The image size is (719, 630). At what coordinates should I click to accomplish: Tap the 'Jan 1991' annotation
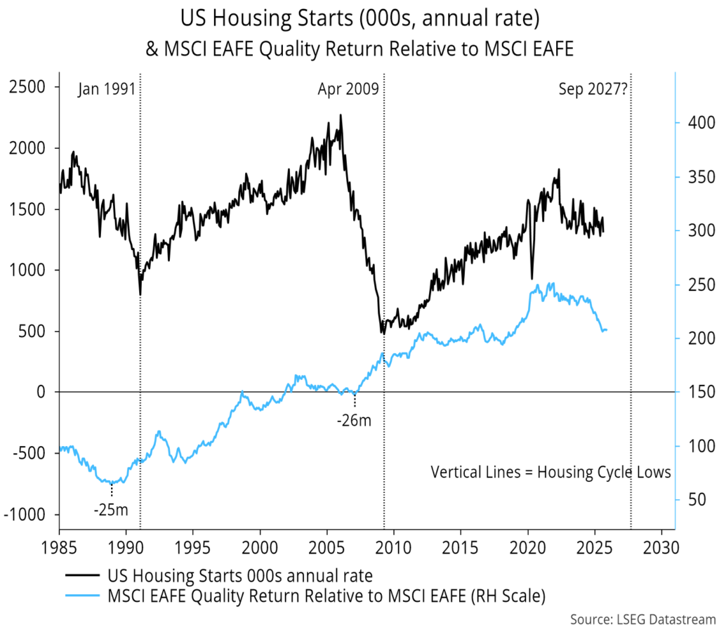105,89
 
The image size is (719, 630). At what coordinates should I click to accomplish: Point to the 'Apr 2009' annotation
348,89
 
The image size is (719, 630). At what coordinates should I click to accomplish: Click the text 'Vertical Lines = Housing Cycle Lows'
550,472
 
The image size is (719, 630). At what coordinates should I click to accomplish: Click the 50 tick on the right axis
690,499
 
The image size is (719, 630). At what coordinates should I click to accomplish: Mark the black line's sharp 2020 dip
532,279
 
